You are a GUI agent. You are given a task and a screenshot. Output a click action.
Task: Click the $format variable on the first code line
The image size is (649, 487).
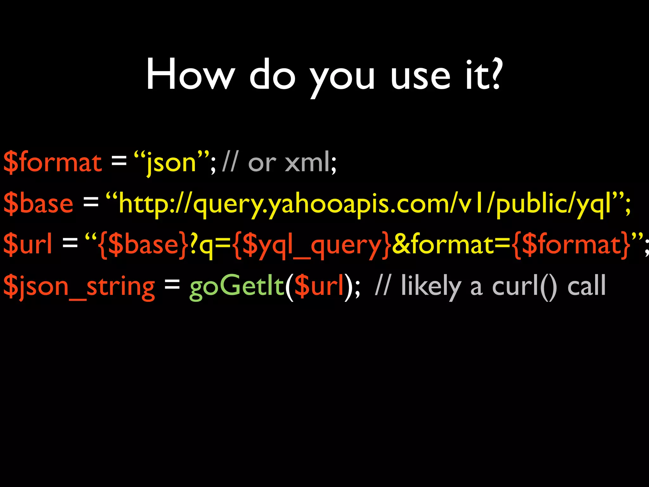pos(53,162)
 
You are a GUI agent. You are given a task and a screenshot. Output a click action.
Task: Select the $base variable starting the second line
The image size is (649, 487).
pos(38,203)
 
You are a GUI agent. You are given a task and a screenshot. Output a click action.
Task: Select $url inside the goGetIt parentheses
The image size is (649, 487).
pos(319,286)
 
